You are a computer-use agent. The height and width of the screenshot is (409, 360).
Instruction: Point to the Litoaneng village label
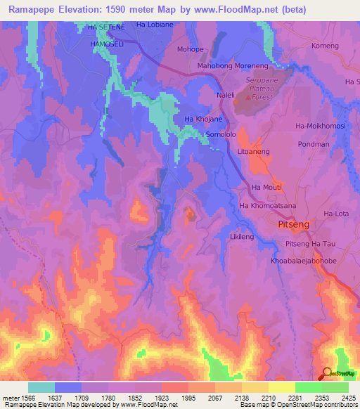[254, 151]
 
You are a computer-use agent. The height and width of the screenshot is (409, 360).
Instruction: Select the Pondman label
[314, 144]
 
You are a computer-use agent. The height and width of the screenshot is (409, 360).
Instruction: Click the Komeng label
[325, 46]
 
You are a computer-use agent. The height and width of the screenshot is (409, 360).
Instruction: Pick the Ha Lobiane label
[154, 25]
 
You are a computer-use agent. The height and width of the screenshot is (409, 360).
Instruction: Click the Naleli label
[226, 94]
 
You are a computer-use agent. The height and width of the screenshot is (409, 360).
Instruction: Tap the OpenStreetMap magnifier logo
[327, 373]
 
